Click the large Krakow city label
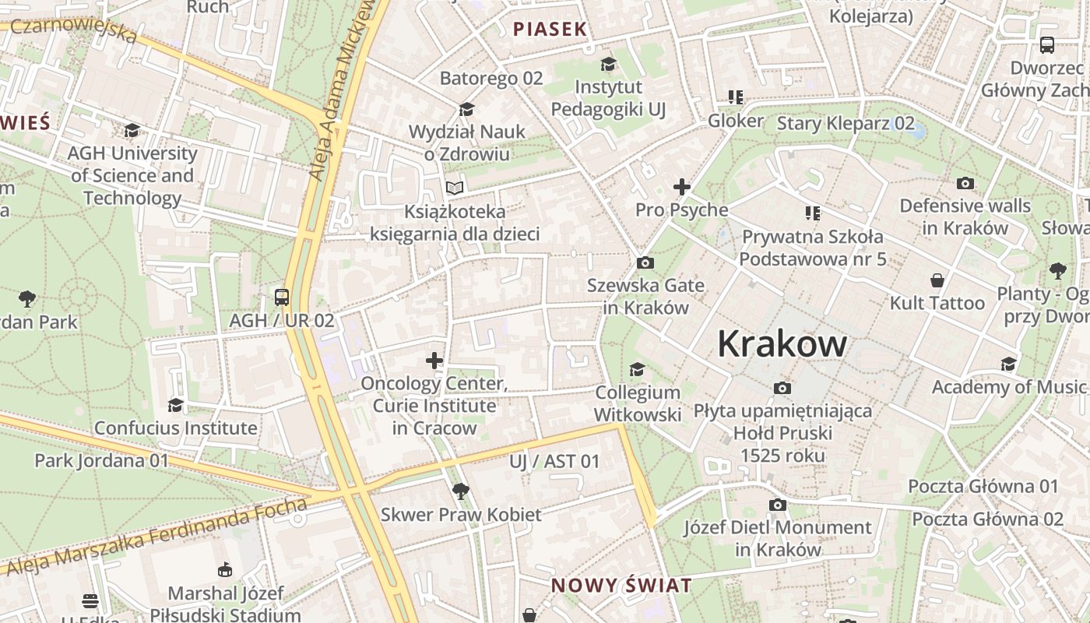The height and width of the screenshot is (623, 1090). (782, 343)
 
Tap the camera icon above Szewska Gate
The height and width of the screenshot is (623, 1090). (645, 263)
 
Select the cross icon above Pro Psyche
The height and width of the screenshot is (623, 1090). (682, 187)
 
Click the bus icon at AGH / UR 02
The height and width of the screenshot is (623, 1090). (281, 297)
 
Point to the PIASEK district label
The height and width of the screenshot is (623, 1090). (550, 30)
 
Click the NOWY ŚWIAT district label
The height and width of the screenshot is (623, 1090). (621, 586)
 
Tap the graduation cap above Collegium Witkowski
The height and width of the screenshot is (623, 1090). (637, 369)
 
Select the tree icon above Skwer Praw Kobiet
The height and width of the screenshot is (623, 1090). (460, 491)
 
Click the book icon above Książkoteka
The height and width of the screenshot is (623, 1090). (455, 188)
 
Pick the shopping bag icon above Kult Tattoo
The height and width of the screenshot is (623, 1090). (937, 280)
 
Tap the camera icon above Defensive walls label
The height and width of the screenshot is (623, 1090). (965, 184)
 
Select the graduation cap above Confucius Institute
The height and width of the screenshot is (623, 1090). (175, 405)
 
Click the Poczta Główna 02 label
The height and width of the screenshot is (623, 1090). (987, 519)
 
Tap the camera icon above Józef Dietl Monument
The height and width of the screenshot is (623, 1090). (777, 505)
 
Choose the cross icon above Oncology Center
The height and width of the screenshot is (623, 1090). (434, 361)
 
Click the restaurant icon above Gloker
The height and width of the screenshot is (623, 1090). (735, 97)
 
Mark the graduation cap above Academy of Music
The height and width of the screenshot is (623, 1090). (1008, 364)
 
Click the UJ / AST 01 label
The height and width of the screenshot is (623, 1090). (554, 461)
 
